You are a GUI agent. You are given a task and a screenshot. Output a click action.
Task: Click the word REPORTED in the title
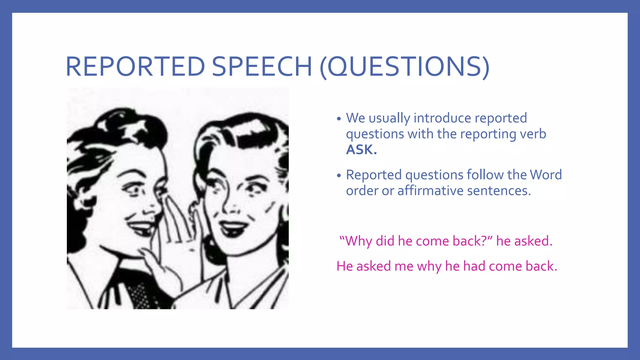135,67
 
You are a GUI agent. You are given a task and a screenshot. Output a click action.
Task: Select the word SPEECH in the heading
262,67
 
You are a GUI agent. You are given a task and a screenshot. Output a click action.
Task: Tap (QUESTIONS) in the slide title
404,67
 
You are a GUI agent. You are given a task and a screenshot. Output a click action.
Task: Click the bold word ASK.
361,150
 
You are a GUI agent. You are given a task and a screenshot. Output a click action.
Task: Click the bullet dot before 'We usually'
339,119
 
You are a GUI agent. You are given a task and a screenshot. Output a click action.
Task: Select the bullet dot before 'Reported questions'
339,176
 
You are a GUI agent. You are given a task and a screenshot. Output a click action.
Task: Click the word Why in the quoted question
359,241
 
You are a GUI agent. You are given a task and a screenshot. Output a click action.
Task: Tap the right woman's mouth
233,227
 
